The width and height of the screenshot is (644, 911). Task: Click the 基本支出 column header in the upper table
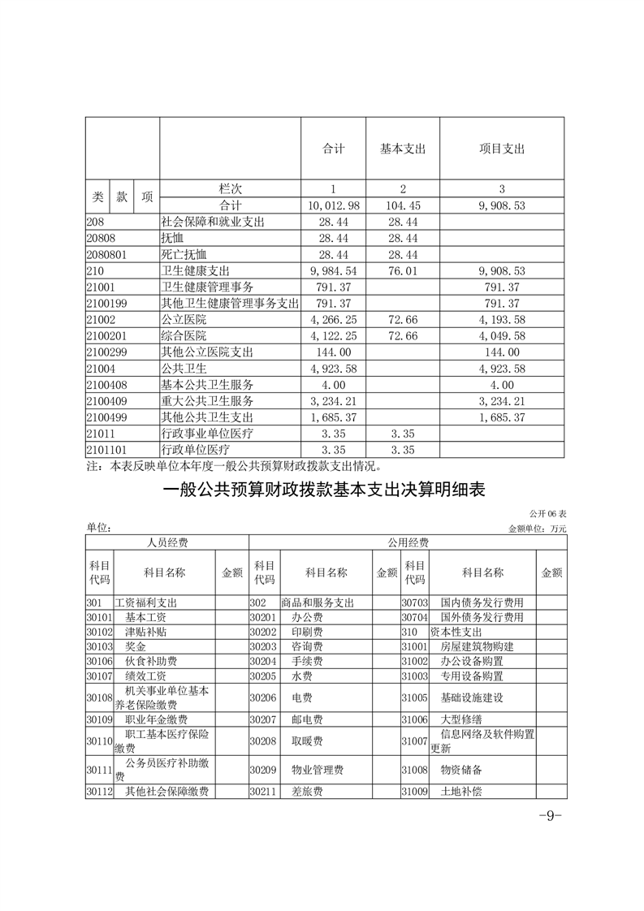(x=403, y=149)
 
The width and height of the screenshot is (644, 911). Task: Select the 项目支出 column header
(x=502, y=149)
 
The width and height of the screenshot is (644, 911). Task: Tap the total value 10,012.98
(x=334, y=206)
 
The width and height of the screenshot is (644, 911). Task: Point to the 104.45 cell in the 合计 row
(x=403, y=206)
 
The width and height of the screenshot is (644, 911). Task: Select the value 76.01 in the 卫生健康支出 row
(x=403, y=270)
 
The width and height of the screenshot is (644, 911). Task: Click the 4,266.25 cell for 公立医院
(x=334, y=319)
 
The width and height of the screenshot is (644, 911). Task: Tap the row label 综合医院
(x=184, y=335)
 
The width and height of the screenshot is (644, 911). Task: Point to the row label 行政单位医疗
(x=196, y=449)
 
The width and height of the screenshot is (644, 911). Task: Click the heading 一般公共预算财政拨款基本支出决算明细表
(x=323, y=490)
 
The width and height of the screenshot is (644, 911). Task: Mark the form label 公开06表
(x=547, y=515)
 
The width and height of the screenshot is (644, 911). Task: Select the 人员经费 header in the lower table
(x=166, y=542)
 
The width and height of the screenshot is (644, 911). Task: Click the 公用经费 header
(x=407, y=542)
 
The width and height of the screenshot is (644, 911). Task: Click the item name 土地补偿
(x=461, y=791)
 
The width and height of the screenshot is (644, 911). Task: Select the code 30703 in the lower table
(x=415, y=602)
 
